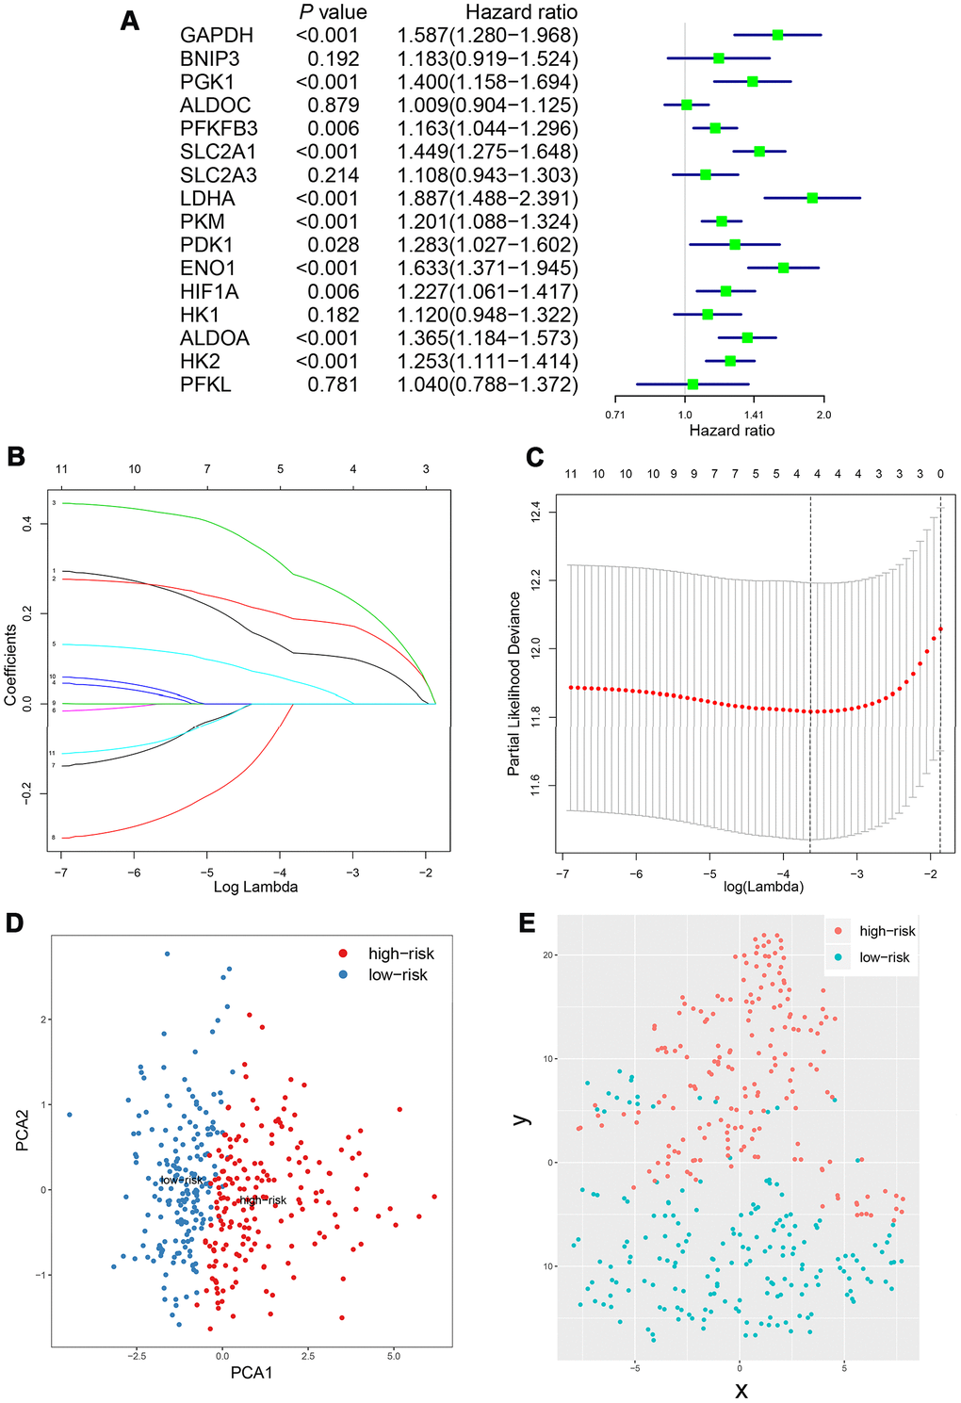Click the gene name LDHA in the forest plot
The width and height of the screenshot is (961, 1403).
click(x=207, y=199)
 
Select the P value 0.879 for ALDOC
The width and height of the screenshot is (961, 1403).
click(x=333, y=106)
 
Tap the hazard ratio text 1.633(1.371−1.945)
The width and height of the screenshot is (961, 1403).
click(x=487, y=269)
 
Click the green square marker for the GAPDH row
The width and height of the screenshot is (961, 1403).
click(x=777, y=35)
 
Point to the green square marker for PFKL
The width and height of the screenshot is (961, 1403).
click(x=692, y=384)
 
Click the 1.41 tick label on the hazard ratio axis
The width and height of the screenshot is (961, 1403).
click(x=754, y=415)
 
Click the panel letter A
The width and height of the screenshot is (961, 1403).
click(x=130, y=21)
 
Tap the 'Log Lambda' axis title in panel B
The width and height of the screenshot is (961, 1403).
click(x=255, y=887)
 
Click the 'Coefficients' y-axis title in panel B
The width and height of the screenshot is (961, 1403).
click(x=11, y=664)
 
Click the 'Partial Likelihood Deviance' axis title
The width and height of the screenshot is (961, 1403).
click(x=514, y=683)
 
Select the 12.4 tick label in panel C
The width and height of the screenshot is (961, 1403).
click(x=536, y=513)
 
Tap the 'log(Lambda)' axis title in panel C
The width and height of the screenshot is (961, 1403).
click(x=763, y=887)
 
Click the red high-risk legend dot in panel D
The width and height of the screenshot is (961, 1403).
click(x=344, y=954)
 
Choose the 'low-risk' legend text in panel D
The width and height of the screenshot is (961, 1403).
click(x=398, y=975)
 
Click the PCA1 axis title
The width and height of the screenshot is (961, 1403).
click(x=252, y=1373)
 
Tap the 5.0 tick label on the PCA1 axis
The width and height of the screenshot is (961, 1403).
click(x=394, y=1357)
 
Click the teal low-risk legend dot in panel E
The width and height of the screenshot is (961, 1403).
click(x=838, y=957)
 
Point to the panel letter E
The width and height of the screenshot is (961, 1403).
click(x=527, y=922)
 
